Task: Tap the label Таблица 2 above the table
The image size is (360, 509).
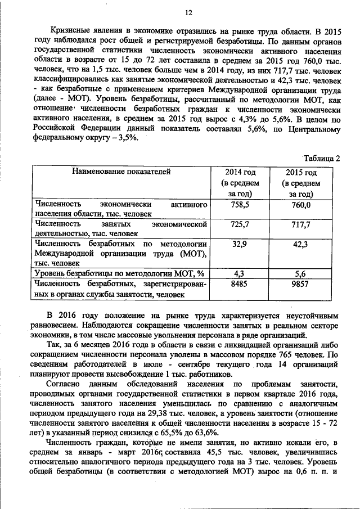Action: (x=322, y=158)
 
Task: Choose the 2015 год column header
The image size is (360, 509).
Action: (x=301, y=173)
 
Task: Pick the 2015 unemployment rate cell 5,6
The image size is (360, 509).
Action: (x=301, y=274)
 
